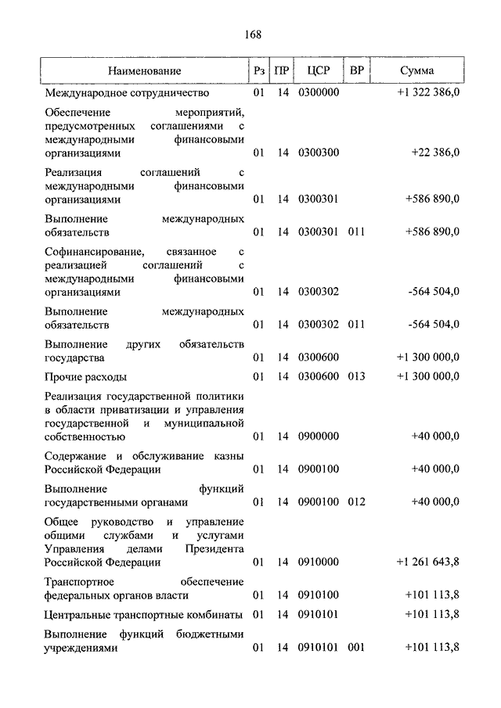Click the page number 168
tap(252, 34)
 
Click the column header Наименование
tap(145, 71)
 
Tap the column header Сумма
tap(417, 71)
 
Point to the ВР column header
tap(357, 71)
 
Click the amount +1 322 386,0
tap(428, 93)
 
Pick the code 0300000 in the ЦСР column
tap(318, 93)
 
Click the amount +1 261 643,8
tap(427, 562)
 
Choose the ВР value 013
tap(357, 376)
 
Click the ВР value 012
tap(357, 501)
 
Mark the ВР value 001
tap(357, 647)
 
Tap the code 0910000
tap(318, 562)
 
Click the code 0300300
tap(318, 153)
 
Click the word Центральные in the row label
tap(80, 613)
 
